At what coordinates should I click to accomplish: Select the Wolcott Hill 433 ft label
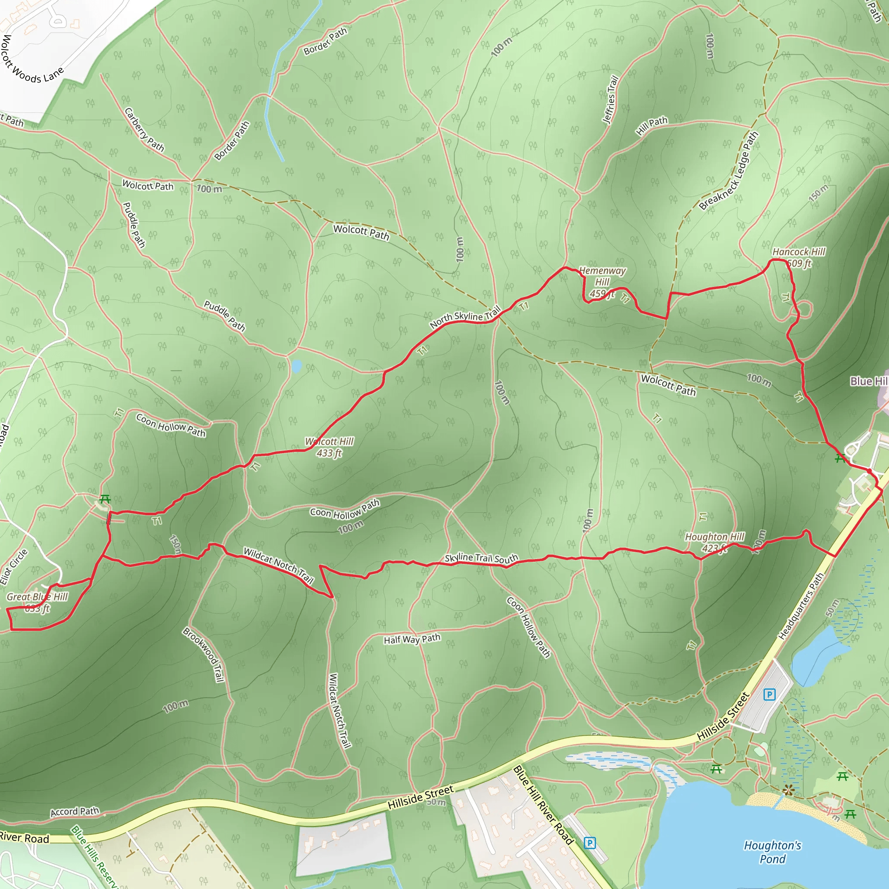pos(329,447)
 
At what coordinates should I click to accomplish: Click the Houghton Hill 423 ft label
pos(714,542)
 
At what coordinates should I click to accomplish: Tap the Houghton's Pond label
pos(773,852)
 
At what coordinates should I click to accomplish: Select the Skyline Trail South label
pos(481,558)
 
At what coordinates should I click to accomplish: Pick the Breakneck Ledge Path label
pos(728,171)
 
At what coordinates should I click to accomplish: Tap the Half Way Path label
pos(412,639)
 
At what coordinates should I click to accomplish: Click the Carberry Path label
pos(144,130)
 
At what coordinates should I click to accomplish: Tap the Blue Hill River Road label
pos(543,805)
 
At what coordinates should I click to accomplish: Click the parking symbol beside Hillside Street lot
pos(769,694)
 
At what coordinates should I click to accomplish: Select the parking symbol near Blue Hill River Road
pos(589,843)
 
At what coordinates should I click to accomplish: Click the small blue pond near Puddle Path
pos(296,366)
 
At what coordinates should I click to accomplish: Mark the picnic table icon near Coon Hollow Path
pos(105,499)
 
